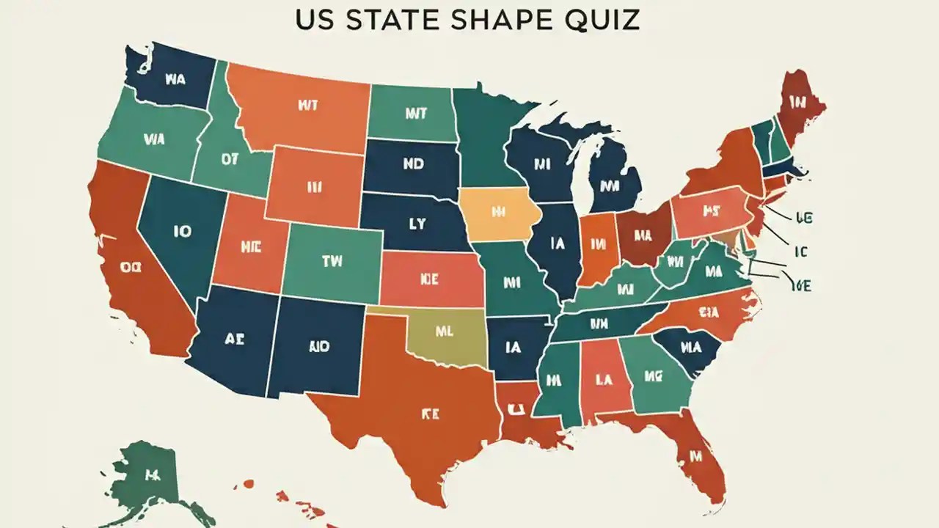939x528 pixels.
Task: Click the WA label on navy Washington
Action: tap(175, 80)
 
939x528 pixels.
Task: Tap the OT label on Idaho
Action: tap(229, 159)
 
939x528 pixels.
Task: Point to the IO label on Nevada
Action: tap(182, 232)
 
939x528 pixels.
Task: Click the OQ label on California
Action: tap(131, 268)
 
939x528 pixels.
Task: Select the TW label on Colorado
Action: tap(332, 260)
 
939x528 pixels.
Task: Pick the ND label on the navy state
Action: tap(414, 166)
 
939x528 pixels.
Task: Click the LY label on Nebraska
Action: tap(416, 225)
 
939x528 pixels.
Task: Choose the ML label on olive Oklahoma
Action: tap(445, 331)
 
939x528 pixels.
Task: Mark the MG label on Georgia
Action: tap(654, 377)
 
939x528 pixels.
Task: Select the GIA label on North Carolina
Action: tap(709, 312)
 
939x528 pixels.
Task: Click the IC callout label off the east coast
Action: tap(800, 252)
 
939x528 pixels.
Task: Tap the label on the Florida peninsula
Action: tap(695, 457)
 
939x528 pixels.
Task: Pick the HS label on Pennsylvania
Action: tap(709, 213)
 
